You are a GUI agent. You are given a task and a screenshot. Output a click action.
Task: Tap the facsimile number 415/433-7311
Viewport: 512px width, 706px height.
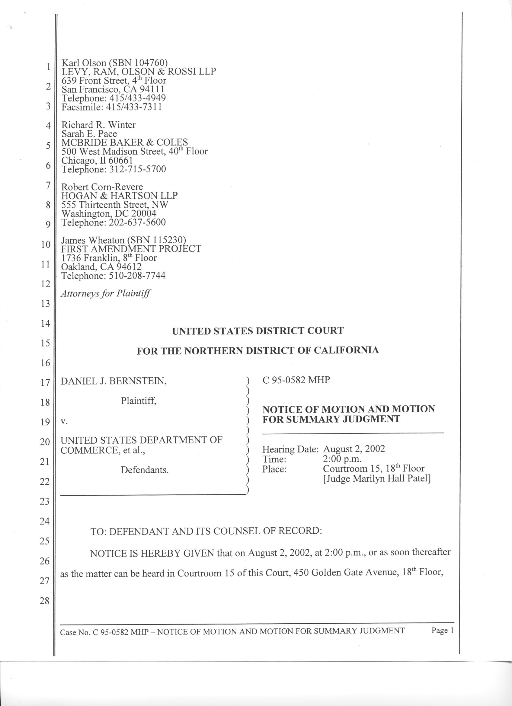134,107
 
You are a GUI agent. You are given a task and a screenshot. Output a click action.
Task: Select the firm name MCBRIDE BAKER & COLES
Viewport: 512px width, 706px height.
124,142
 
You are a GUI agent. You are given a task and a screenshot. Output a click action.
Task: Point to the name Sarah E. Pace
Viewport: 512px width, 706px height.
89,134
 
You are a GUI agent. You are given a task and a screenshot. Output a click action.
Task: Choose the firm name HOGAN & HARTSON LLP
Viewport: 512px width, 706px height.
120,196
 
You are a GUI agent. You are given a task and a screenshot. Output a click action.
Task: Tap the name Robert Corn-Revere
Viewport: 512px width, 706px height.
102,187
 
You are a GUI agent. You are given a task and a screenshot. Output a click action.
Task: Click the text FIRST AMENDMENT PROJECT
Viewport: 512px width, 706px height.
131,249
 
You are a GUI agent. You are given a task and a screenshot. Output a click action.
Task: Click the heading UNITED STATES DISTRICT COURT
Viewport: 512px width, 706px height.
258,331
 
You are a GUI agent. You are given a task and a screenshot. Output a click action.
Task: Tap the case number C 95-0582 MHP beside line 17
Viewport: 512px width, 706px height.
296,380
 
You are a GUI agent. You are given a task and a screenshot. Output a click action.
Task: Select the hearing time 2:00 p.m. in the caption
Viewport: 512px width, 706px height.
342,459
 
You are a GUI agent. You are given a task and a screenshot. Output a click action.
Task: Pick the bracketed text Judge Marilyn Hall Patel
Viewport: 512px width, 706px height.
377,478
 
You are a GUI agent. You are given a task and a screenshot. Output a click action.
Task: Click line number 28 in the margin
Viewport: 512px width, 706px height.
45,600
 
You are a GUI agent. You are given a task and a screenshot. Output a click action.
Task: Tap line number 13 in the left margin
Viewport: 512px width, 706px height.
46,304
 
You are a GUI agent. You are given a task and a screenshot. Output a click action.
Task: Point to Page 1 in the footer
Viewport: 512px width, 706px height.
442,631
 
